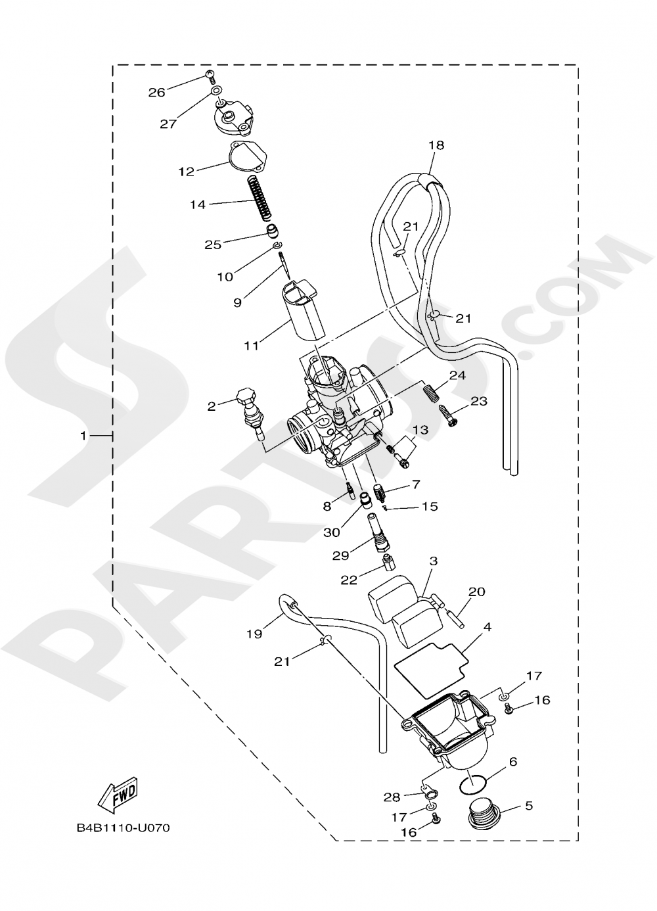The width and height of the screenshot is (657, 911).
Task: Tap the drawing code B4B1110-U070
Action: point(123,828)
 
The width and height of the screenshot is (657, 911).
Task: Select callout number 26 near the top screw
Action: point(156,93)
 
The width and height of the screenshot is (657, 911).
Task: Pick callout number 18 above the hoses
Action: point(436,145)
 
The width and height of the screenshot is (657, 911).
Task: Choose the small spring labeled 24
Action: point(428,394)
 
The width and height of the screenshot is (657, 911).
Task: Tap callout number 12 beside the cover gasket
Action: point(187,172)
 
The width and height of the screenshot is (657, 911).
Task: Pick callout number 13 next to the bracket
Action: point(420,430)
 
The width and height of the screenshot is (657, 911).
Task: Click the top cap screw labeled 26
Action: point(210,76)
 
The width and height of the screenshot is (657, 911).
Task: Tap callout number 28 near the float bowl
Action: point(392,797)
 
